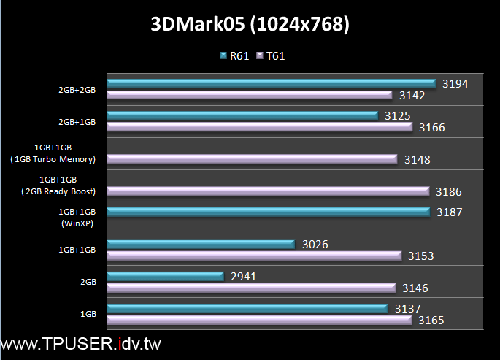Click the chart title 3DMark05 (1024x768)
[250, 25]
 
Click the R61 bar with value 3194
[271, 83]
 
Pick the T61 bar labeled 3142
[250, 95]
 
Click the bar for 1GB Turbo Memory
[252, 158]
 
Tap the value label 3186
[449, 191]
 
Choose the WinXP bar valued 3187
[268, 212]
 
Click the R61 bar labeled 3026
[200, 244]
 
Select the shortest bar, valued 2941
[164, 276]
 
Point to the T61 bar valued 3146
[251, 288]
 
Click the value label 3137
[407, 308]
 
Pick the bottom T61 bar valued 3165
[259, 320]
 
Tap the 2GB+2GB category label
[77, 90]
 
